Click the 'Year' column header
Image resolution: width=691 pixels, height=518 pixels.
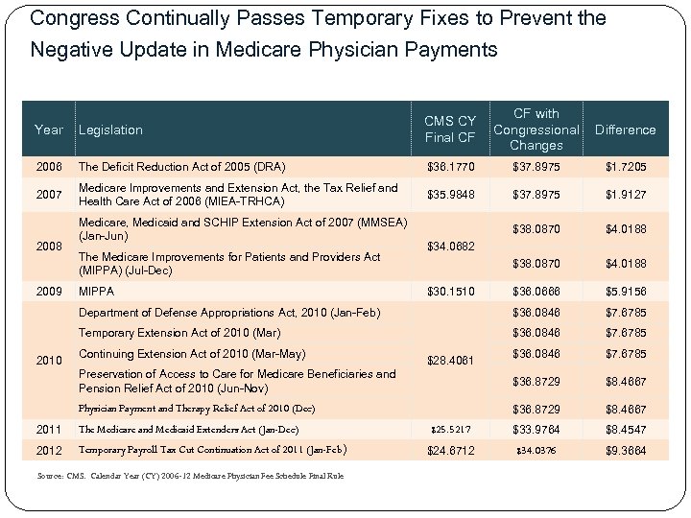[x=48, y=129]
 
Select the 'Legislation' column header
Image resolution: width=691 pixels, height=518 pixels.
[x=110, y=129]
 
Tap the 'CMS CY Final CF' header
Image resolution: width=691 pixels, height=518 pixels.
[x=450, y=129]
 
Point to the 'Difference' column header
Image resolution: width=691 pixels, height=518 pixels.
[x=625, y=129]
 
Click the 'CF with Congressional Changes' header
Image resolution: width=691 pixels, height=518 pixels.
[x=536, y=129]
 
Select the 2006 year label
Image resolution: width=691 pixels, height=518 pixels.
[x=49, y=167]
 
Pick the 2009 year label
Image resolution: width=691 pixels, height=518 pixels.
[x=49, y=291]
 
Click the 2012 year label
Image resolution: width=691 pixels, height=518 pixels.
[x=49, y=450]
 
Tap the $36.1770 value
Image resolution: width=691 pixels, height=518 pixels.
[x=450, y=167]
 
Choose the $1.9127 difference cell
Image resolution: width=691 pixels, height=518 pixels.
[x=625, y=195]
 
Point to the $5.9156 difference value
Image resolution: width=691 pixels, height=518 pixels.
[x=625, y=291]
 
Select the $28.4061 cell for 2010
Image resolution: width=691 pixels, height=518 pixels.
[x=450, y=361]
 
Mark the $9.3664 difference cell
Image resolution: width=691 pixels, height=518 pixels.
[x=625, y=450]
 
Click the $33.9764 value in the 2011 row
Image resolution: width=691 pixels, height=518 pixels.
[x=536, y=429]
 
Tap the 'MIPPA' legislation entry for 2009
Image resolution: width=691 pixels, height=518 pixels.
[x=96, y=291]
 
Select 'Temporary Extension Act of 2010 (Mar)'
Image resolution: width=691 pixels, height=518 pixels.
[x=179, y=333]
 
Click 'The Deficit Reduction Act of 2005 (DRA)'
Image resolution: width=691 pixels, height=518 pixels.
[x=181, y=167]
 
